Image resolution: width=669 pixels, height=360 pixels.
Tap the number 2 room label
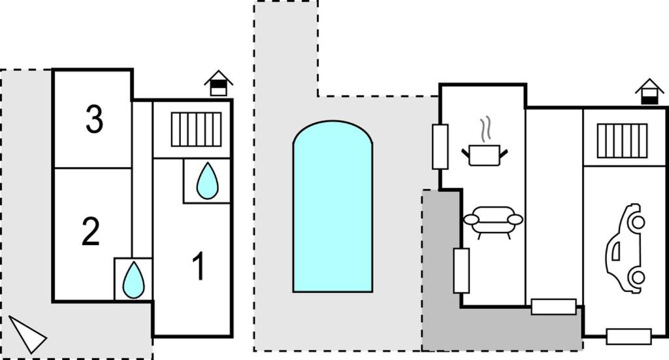(x=91, y=232)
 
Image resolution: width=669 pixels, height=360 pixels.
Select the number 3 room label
(x=94, y=120)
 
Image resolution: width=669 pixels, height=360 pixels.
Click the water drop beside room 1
(x=208, y=180)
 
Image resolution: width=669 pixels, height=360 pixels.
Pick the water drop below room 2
(x=133, y=280)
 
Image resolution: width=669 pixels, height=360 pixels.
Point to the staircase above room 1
(x=196, y=129)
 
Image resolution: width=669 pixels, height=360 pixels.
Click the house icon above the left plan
(x=218, y=84)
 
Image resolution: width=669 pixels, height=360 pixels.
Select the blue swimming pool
(x=333, y=209)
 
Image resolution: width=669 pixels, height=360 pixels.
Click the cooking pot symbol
(x=484, y=155)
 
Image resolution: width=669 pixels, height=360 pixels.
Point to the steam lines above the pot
(x=484, y=129)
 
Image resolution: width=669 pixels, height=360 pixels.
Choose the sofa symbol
(x=493, y=221)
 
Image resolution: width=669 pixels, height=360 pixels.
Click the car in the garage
(x=625, y=248)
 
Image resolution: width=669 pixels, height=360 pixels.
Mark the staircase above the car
(x=622, y=140)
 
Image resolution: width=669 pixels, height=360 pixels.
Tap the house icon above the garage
(x=649, y=91)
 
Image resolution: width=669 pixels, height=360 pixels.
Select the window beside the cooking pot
(x=440, y=146)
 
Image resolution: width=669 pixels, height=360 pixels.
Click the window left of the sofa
(x=461, y=270)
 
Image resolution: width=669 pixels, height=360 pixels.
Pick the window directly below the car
(x=628, y=336)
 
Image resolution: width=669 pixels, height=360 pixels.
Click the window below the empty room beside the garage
(x=553, y=306)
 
